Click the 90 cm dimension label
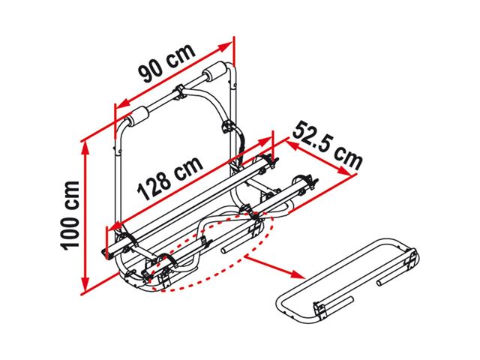pyautogui.click(x=167, y=64)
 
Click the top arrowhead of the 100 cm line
pyautogui.click(x=85, y=148)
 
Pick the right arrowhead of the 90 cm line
pyautogui.click(x=226, y=46)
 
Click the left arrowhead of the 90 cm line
pyautogui.click(x=122, y=104)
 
